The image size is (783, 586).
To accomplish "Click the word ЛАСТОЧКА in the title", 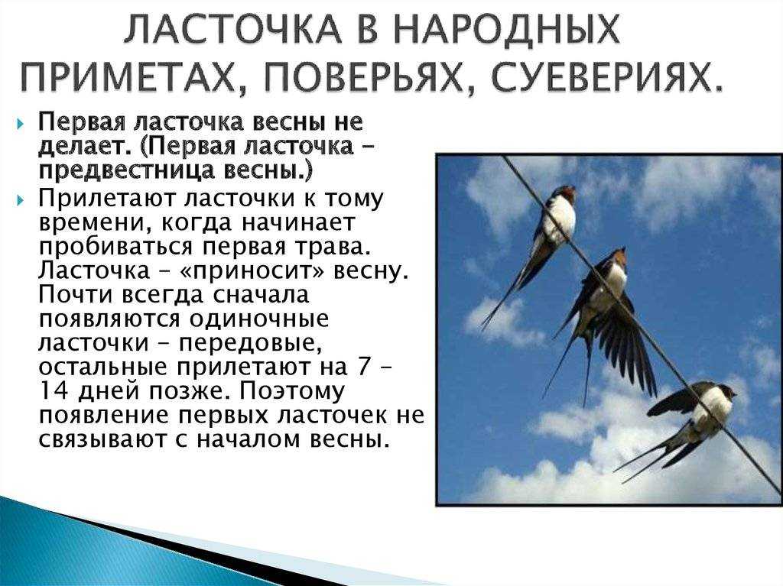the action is click(x=232, y=31).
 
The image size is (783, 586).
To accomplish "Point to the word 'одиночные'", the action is click(x=262, y=319).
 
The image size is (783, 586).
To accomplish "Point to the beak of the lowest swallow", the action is click(x=734, y=393).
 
